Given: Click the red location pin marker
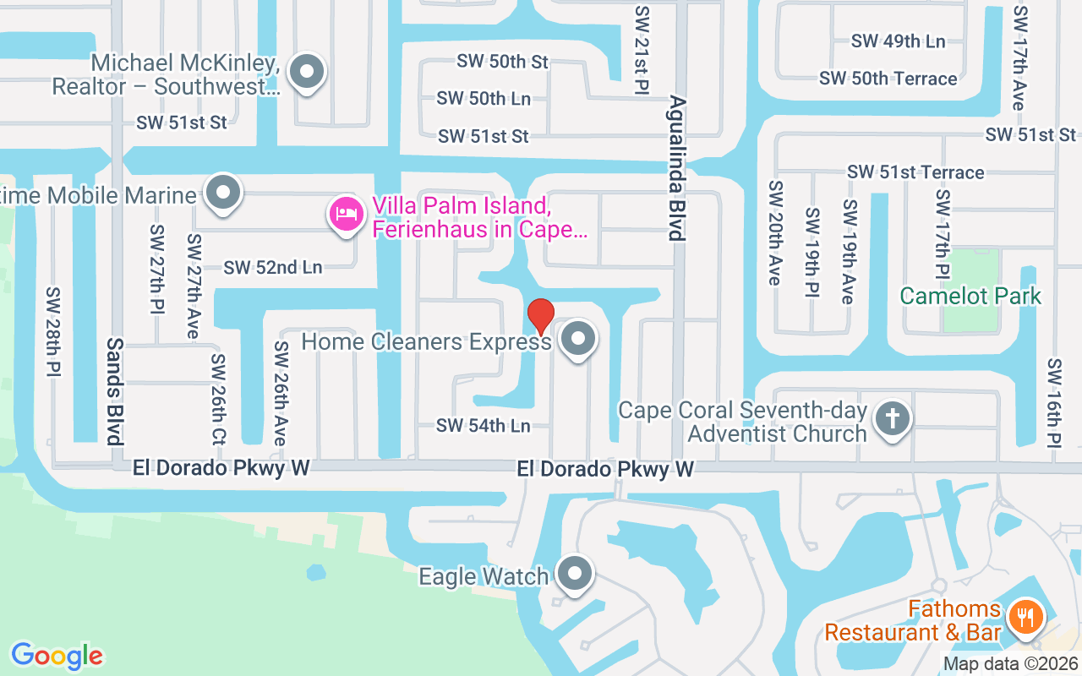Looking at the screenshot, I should click(x=540, y=316).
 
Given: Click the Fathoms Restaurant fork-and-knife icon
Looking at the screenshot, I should click(x=1025, y=619).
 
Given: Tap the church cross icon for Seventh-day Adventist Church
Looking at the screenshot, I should click(x=891, y=418).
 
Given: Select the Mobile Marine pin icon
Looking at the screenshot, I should click(x=223, y=193).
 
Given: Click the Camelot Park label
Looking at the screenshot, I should click(x=970, y=296).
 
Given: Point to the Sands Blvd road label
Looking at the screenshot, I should click(x=115, y=390).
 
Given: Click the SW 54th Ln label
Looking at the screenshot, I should click(x=484, y=425).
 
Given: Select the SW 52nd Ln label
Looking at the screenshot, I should click(x=273, y=267).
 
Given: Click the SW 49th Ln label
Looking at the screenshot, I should click(x=898, y=41).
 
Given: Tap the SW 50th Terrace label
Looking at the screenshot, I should click(x=888, y=79).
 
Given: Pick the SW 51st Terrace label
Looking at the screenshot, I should click(x=916, y=172).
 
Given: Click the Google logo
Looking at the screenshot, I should click(x=57, y=655).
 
